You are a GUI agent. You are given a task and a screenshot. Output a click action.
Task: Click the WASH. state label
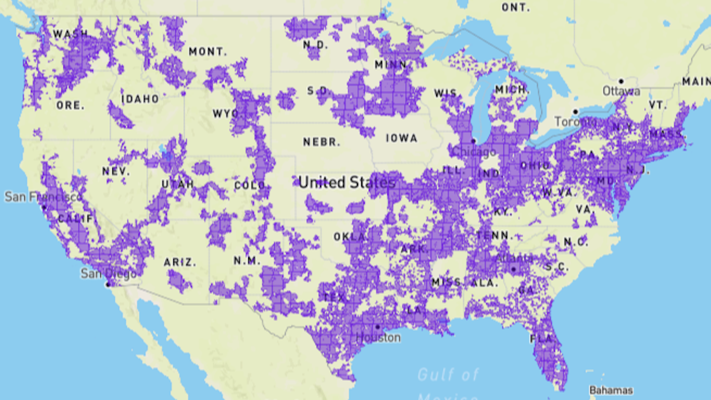[x=70, y=34]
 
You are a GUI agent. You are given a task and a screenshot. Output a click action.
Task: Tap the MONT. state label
[x=207, y=51]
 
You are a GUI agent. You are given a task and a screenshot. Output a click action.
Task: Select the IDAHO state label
[x=140, y=99]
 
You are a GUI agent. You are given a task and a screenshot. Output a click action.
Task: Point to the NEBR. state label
[x=322, y=142]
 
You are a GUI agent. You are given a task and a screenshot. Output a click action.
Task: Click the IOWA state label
[x=402, y=138]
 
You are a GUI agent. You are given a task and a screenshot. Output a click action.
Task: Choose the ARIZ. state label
[x=180, y=262]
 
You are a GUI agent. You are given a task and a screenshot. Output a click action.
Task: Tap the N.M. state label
[x=247, y=260]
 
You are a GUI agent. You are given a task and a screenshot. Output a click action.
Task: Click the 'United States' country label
[x=347, y=183]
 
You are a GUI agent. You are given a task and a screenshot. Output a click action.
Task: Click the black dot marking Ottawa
[x=621, y=81]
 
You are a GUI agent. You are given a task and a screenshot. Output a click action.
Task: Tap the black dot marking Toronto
[x=576, y=112]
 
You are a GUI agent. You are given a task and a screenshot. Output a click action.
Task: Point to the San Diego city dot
[x=107, y=284]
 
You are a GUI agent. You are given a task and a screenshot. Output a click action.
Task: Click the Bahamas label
[x=611, y=390]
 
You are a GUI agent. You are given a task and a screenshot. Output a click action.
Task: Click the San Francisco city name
[x=43, y=197]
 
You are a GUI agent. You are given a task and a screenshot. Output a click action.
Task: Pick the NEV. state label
[x=116, y=171]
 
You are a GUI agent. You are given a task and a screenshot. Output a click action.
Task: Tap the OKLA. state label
[x=350, y=237]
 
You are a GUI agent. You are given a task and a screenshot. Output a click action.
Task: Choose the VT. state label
[x=658, y=105]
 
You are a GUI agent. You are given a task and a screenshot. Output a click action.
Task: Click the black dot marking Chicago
[x=473, y=141]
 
